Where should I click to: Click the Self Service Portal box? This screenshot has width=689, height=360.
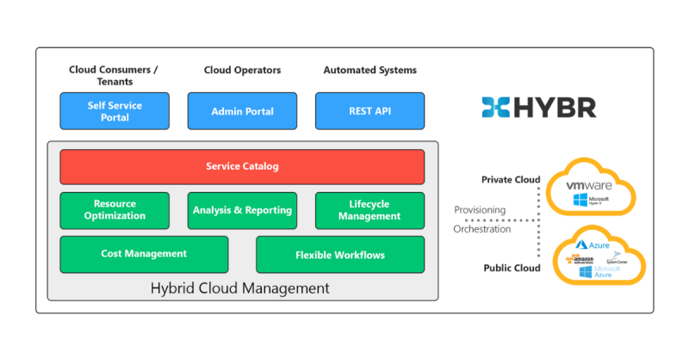pyautogui.click(x=114, y=111)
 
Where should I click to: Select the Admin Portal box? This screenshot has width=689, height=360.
pyautogui.click(x=242, y=111)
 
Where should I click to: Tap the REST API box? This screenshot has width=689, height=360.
pyautogui.click(x=369, y=111)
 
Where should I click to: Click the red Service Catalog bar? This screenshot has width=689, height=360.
pyautogui.click(x=242, y=166)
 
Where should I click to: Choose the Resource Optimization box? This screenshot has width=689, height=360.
pyautogui.click(x=115, y=210)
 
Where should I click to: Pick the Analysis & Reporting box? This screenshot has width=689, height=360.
pyautogui.click(x=242, y=210)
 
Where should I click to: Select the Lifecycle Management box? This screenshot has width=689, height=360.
pyautogui.click(x=369, y=210)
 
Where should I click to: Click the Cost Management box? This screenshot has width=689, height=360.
pyautogui.click(x=144, y=254)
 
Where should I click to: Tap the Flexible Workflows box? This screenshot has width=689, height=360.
pyautogui.click(x=340, y=255)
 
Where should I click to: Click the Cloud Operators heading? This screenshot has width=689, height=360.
pyautogui.click(x=242, y=70)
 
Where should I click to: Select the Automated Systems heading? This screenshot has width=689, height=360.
pyautogui.click(x=369, y=70)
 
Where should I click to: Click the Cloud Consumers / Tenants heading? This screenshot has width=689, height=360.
pyautogui.click(x=114, y=76)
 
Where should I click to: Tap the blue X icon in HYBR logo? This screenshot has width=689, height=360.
pyautogui.click(x=496, y=108)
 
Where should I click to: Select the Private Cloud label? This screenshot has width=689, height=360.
pyautogui.click(x=511, y=180)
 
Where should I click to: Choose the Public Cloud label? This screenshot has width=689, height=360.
pyautogui.click(x=512, y=268)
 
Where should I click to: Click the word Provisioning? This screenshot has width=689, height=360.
pyautogui.click(x=481, y=210)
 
